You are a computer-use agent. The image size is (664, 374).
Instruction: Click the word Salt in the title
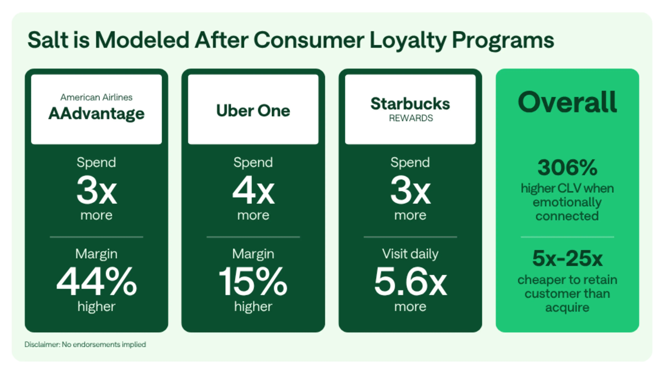48,40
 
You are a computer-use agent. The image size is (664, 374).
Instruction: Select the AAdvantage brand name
96,114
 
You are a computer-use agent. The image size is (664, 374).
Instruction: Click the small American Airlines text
96,97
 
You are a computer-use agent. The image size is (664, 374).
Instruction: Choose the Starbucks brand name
410,104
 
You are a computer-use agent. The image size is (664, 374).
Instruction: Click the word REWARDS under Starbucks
411,118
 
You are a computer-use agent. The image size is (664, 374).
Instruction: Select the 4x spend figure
253,190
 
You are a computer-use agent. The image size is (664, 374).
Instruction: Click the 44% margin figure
96,281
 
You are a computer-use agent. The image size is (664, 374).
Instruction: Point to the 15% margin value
253,281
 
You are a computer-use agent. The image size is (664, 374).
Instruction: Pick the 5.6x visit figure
410,281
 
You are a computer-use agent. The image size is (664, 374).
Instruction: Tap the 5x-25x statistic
567,258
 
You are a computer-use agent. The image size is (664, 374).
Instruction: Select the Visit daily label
410,254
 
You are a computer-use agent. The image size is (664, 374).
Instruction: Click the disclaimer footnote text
85,345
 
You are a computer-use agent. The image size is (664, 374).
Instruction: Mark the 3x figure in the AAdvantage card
97,190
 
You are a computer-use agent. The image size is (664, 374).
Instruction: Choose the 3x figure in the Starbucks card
410,190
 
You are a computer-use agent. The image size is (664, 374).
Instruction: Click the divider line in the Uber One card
253,237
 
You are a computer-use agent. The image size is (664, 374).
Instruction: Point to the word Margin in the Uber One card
253,254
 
